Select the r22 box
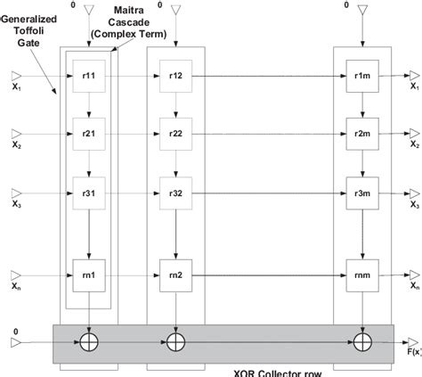tap(175, 135)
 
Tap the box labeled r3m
tap(361, 193)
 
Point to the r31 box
tap(89, 193)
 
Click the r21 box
tap(89, 135)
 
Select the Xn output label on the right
tap(414, 286)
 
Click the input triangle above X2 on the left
tap(15, 135)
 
